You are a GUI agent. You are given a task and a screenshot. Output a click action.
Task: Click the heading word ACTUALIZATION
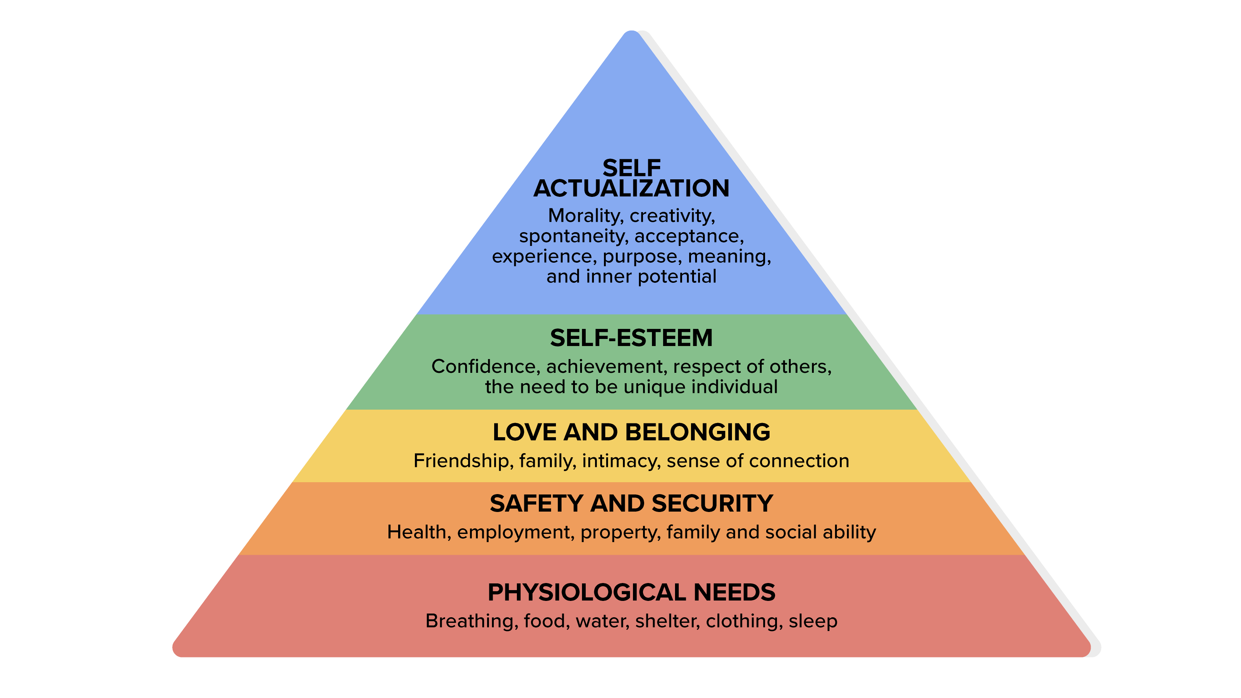pos(631,188)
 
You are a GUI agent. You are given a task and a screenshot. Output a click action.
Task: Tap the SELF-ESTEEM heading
pos(631,338)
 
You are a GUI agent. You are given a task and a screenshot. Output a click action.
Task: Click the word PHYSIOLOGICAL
pos(587,592)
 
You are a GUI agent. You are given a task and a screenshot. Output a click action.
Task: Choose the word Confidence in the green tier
pos(486,366)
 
